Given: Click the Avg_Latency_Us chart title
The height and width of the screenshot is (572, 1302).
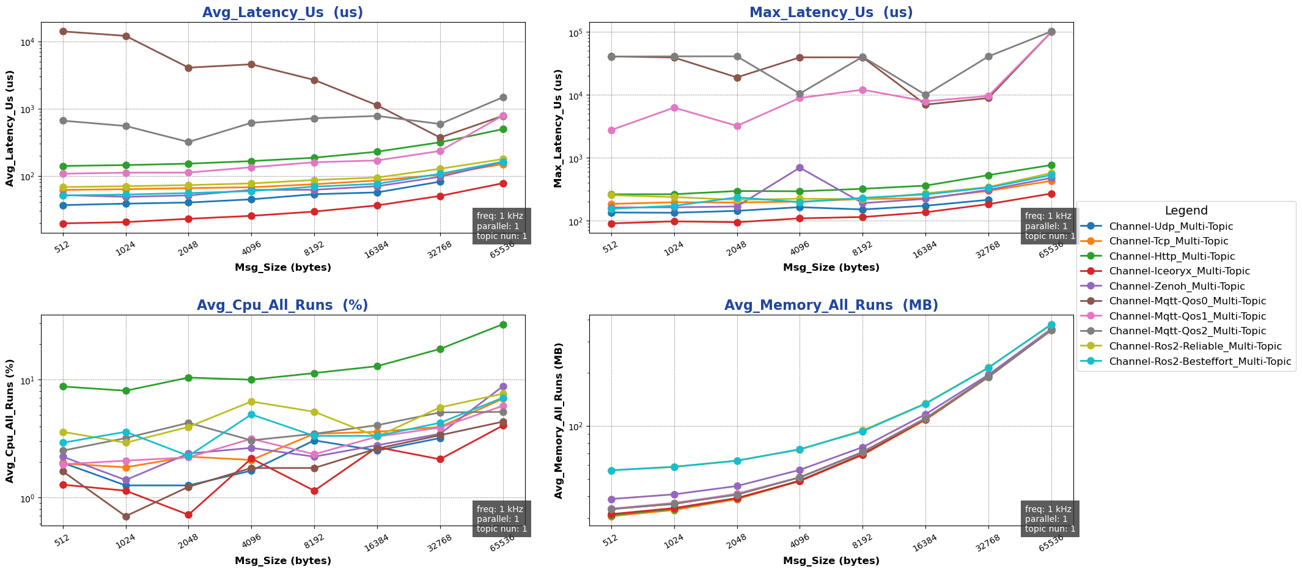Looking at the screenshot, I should tap(282, 12).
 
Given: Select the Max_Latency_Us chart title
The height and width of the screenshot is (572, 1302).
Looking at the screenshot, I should tap(831, 12).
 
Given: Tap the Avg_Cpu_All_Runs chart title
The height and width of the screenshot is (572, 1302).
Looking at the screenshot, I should tap(282, 306).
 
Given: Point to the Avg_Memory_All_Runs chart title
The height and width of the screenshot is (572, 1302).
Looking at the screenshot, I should tap(831, 306).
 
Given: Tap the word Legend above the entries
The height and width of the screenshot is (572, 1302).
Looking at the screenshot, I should tap(1186, 211).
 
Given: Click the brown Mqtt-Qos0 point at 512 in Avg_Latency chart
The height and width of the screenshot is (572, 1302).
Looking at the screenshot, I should tap(63, 31).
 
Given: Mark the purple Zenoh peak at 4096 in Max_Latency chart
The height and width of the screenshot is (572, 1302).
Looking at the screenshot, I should tap(800, 167).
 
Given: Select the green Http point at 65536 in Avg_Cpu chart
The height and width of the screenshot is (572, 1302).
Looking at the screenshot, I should tap(502, 324).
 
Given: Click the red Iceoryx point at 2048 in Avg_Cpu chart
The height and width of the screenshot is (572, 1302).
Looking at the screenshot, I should tap(188, 515).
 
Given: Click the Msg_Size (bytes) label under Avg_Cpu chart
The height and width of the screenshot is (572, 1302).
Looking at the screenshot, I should tap(282, 560).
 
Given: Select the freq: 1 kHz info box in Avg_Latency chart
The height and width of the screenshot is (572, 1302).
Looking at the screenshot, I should tap(501, 226).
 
